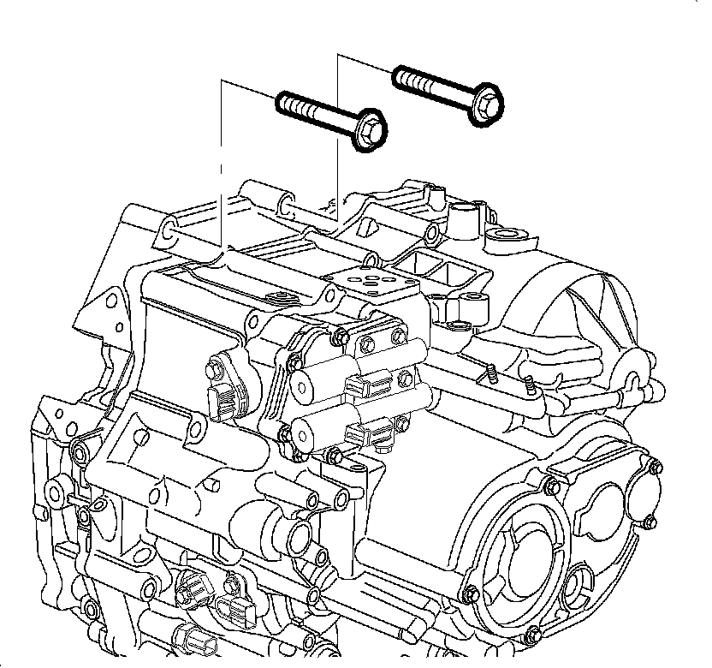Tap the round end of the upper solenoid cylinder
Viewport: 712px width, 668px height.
point(302,384)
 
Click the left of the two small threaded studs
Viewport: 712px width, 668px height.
point(495,374)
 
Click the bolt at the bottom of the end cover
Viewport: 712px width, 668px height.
point(533,635)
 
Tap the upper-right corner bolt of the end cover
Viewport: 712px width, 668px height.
point(654,467)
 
